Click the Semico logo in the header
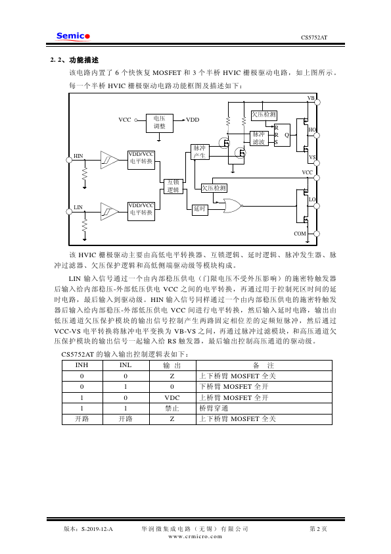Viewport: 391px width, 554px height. (x=73, y=36)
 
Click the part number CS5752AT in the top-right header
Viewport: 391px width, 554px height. (x=314, y=38)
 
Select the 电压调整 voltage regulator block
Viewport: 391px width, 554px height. (x=160, y=123)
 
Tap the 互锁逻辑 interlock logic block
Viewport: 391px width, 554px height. (x=173, y=186)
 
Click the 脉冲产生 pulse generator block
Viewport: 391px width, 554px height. (x=200, y=152)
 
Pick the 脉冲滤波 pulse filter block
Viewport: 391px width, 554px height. (x=259, y=138)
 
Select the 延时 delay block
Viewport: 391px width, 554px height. (x=199, y=209)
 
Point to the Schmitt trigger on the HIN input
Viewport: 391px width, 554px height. (x=109, y=160)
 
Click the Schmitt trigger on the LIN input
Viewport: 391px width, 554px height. (x=109, y=212)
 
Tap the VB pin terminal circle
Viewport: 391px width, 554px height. (x=317, y=103)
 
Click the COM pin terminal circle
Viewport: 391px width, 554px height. (x=317, y=234)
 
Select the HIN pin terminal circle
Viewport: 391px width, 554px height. (x=69, y=160)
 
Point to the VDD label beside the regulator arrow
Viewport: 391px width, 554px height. (x=193, y=120)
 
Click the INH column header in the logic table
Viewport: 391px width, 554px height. (x=82, y=365)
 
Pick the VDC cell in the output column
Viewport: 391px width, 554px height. (x=172, y=397)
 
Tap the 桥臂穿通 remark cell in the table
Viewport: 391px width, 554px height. (x=214, y=408)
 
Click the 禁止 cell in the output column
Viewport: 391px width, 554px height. (x=172, y=408)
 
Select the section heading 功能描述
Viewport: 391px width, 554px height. (x=84, y=60)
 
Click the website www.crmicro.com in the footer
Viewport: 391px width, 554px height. (x=195, y=536)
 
